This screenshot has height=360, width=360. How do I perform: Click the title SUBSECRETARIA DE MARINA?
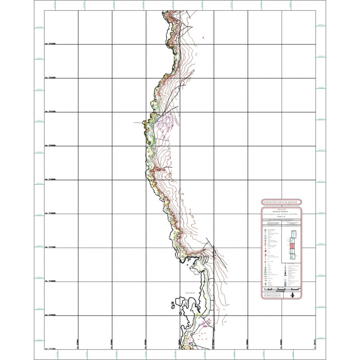(281, 202)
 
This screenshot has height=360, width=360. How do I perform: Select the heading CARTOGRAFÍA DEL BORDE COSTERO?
(281, 214)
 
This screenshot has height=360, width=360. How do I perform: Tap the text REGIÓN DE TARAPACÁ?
(281, 211)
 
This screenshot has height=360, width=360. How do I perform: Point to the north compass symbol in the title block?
(292, 295)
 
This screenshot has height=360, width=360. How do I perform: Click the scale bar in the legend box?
(281, 289)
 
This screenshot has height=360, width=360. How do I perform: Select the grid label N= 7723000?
(51, 44)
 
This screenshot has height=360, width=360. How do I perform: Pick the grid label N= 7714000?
(51, 349)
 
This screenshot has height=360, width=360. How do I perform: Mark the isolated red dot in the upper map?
(203, 37)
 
